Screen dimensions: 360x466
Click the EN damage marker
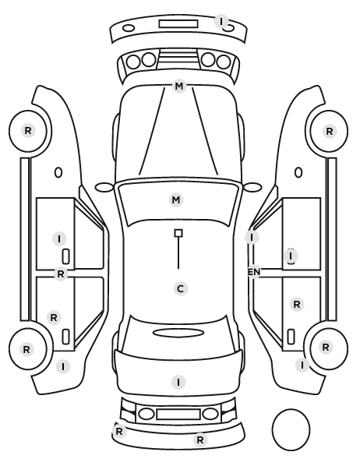[x=254, y=272]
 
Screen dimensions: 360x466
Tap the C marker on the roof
[x=181, y=288]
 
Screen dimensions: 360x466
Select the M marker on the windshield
[x=176, y=199]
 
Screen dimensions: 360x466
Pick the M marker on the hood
[x=179, y=86]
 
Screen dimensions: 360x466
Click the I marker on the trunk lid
[x=178, y=382]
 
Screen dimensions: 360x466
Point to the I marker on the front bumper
[x=221, y=21]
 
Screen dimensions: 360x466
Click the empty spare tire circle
[x=291, y=429]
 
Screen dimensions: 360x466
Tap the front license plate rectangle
[x=178, y=24]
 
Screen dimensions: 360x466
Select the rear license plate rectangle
[x=178, y=415]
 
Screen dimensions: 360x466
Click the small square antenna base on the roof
[x=178, y=233]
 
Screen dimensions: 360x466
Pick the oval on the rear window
[x=178, y=334]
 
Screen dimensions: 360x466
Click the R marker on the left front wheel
[x=28, y=130]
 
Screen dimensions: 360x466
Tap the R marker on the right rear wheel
[x=326, y=347]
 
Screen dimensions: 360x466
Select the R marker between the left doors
[x=60, y=274]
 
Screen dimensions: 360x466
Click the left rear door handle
[x=65, y=337]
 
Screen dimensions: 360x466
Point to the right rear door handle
[x=291, y=337]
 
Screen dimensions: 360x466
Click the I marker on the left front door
[x=59, y=239]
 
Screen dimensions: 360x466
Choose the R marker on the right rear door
[x=297, y=305]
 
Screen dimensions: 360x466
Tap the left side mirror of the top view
[x=104, y=188]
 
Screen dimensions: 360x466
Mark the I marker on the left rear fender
[x=63, y=367]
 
